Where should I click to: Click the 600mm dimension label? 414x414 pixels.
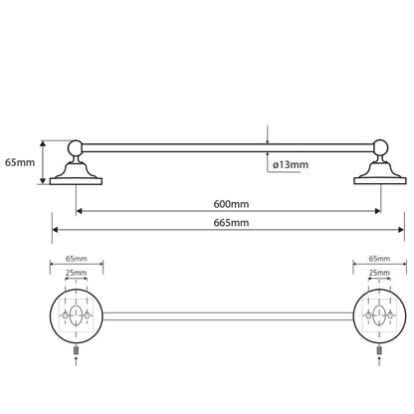[231, 204]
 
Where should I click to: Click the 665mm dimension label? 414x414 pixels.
[231, 222]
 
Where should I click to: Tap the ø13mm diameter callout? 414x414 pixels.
[291, 164]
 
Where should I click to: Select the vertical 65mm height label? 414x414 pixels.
[20, 162]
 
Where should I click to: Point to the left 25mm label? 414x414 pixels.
[76, 273]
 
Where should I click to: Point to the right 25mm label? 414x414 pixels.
[379, 273]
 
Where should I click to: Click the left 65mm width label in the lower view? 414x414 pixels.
[77, 259]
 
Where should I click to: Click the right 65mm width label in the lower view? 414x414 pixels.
[379, 259]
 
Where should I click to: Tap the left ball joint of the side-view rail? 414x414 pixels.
[76, 147]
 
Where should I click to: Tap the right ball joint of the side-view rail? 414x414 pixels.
[380, 147]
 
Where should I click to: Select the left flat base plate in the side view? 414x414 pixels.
[76, 181]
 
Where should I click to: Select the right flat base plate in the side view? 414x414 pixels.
[380, 181]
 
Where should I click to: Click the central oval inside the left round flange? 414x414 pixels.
[76, 314]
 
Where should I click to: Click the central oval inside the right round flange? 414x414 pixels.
[379, 314]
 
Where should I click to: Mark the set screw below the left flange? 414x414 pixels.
[76, 350]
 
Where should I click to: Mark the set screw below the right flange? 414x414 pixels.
[379, 350]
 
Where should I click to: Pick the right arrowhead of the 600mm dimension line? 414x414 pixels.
[377, 211]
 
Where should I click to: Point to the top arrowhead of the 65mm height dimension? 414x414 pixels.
[43, 143]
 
